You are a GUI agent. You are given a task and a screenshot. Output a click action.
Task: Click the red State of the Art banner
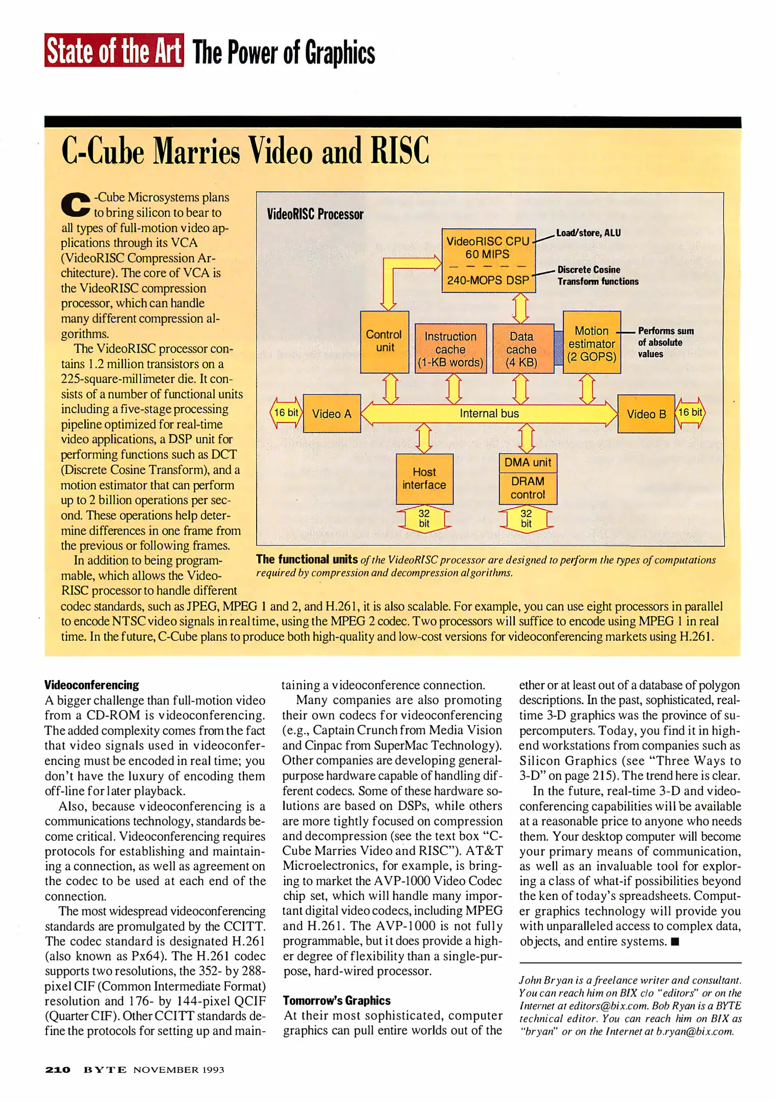click(114, 50)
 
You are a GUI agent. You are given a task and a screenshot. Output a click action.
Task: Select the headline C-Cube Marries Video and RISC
click(245, 151)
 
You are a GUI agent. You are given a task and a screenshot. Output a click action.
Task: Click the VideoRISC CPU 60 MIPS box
click(488, 248)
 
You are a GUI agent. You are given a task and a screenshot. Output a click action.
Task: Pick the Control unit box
click(384, 341)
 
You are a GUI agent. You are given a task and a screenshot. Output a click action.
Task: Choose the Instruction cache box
click(451, 349)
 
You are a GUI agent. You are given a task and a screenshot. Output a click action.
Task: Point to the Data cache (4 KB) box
click(521, 349)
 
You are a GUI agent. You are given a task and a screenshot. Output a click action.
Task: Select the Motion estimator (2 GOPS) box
click(591, 343)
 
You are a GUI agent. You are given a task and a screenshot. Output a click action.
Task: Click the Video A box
click(332, 414)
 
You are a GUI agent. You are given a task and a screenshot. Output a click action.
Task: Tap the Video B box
click(646, 414)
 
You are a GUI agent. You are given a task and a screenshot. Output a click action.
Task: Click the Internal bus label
click(489, 414)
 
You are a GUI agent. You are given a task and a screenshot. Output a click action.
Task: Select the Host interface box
click(424, 479)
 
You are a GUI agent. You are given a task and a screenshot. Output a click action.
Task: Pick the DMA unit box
click(528, 463)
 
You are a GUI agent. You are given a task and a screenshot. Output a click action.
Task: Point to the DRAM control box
click(528, 488)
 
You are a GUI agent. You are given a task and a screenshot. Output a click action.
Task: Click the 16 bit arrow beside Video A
click(286, 413)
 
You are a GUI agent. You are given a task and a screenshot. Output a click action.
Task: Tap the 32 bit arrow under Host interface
click(424, 519)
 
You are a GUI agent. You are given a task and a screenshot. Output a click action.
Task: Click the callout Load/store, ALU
click(588, 233)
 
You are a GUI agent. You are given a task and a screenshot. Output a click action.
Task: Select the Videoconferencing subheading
click(92, 685)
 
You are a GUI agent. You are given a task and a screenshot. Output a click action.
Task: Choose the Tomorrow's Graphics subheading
click(337, 1000)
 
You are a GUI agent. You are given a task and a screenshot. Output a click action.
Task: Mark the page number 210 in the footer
click(58, 1069)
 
